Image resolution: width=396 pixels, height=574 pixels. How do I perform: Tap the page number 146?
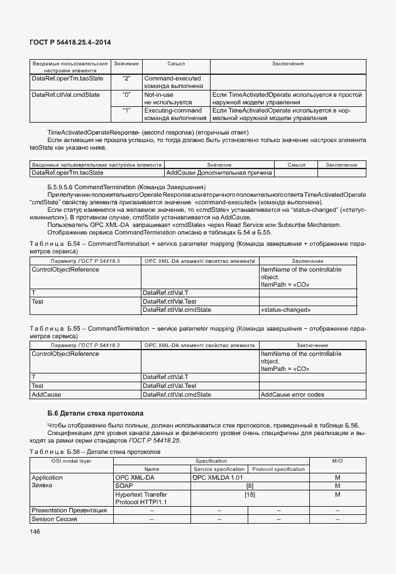coord(35,532)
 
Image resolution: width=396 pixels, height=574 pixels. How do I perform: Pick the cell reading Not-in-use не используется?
coord(167,97)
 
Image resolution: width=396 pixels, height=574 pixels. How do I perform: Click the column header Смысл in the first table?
coord(176,64)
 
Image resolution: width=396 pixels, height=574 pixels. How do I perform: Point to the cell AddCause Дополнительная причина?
coord(219,172)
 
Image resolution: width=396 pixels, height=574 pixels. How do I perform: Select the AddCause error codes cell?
coord(292,394)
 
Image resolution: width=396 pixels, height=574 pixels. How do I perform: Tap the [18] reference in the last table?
coord(250,495)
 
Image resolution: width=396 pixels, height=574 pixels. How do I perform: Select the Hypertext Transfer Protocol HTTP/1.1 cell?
coord(141,498)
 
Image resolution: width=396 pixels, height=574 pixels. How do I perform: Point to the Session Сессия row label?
coord(54,519)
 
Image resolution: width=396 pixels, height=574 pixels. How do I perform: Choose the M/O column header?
coord(338,461)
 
